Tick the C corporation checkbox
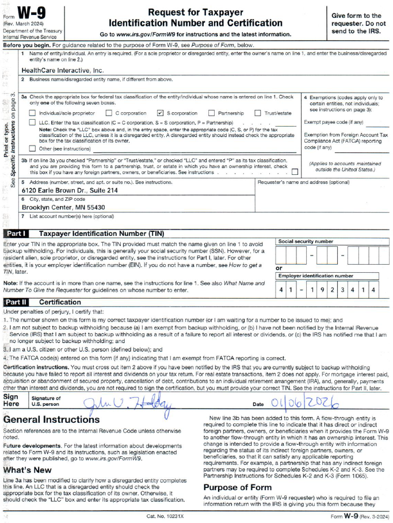[109, 113]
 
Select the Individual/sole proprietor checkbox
[32, 113]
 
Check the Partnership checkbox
[212, 113]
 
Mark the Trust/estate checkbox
[258, 113]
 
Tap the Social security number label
[306, 242]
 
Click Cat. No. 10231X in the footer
[165, 517]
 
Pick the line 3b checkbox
[295, 171]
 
